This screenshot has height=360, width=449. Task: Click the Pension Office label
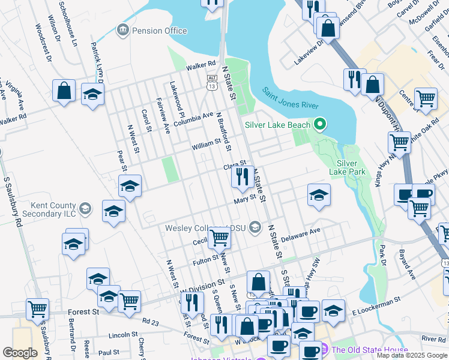(x=158, y=30)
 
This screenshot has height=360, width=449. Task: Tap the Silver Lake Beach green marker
(x=320, y=125)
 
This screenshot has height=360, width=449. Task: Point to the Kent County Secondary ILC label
(x=46, y=209)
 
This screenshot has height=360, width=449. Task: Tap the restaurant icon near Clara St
(x=243, y=176)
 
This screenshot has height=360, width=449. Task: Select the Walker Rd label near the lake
(x=200, y=64)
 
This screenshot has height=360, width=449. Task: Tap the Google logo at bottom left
(x=20, y=353)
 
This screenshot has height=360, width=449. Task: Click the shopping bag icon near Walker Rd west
(x=64, y=91)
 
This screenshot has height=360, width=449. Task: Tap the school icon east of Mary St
(x=319, y=194)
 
